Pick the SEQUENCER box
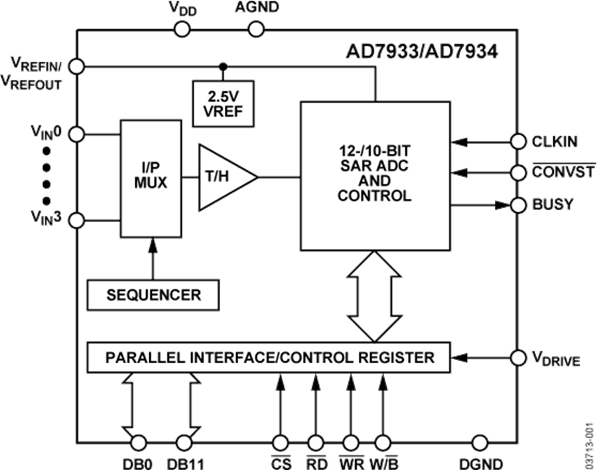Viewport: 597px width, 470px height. point(153,294)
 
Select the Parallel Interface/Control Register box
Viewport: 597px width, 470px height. point(268,358)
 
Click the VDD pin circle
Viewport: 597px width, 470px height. point(182,29)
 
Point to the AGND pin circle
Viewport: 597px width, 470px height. point(255,29)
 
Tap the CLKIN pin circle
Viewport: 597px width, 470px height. point(518,141)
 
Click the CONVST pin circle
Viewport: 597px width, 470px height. point(518,173)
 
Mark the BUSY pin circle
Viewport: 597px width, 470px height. point(518,205)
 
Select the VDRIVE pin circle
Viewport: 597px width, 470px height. point(518,358)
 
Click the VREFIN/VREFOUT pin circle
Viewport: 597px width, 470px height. point(77,66)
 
